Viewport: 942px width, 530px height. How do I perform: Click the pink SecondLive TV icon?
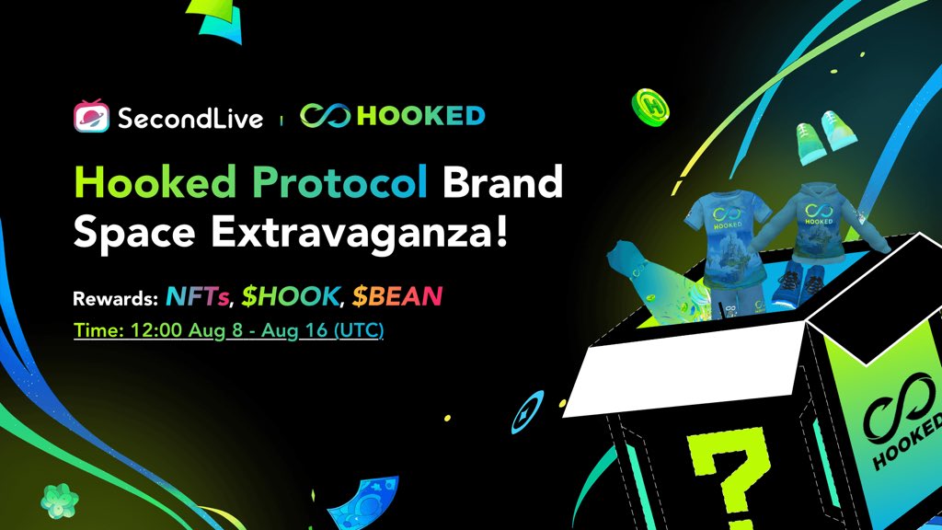click(x=91, y=117)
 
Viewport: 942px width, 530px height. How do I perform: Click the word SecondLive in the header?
click(x=190, y=118)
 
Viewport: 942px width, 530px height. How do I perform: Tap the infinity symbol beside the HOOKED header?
click(x=326, y=117)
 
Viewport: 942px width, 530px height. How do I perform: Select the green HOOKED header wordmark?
click(x=420, y=117)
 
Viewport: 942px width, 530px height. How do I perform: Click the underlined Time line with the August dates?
click(x=228, y=328)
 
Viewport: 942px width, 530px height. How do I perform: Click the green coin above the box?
click(x=649, y=109)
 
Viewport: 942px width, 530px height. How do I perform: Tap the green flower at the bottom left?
click(x=59, y=500)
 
